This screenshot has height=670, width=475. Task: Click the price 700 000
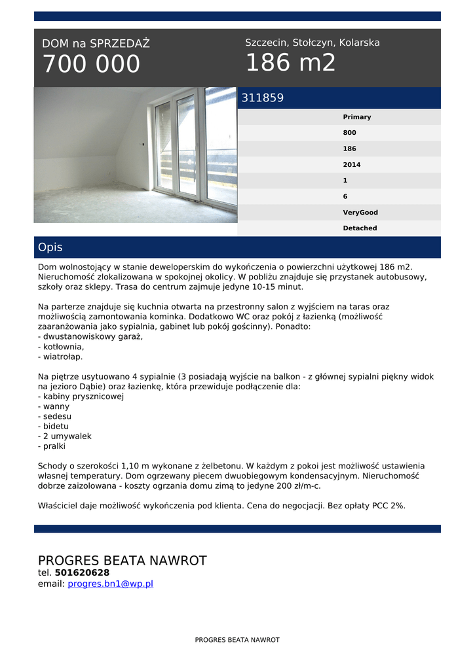(91, 64)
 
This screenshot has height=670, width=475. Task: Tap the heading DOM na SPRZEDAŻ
(96, 44)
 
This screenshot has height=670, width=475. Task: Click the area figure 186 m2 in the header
(290, 63)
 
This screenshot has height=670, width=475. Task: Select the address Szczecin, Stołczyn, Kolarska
(313, 43)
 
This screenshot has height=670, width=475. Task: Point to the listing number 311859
(263, 98)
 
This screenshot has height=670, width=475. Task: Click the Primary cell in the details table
(357, 117)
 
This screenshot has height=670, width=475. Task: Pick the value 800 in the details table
(350, 133)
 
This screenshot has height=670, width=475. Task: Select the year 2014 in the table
(352, 165)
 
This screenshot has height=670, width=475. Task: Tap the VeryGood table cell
(360, 213)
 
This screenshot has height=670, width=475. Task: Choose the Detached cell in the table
(360, 228)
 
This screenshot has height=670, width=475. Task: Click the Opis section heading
(50, 247)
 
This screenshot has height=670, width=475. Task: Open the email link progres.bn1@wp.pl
(110, 584)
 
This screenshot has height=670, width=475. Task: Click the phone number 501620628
(82, 573)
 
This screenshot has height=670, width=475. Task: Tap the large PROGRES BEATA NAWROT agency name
(122, 561)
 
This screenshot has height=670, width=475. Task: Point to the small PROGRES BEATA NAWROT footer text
(237, 640)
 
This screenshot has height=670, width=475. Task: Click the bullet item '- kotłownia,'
(61, 347)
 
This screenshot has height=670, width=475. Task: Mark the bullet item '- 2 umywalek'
(65, 436)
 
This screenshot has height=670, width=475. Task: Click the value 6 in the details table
(345, 196)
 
